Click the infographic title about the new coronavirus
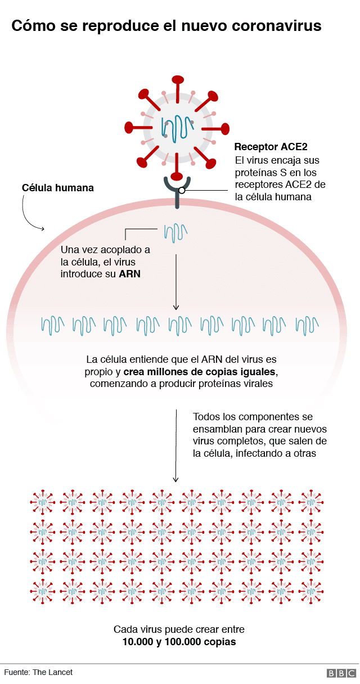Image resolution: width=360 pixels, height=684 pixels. click(x=166, y=26)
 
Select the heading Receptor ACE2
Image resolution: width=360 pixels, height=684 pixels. click(x=271, y=147)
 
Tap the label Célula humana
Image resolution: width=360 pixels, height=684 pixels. click(x=57, y=188)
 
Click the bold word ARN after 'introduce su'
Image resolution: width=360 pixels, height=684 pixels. click(x=129, y=274)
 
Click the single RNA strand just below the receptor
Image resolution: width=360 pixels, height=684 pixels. click(x=175, y=232)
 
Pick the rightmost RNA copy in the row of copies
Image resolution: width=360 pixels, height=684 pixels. click(x=308, y=325)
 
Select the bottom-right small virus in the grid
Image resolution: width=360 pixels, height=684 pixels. click(x=310, y=590)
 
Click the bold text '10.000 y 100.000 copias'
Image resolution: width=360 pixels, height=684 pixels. click(x=179, y=642)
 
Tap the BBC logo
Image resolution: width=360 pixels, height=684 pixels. click(x=341, y=673)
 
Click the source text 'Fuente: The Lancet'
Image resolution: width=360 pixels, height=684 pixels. click(x=38, y=672)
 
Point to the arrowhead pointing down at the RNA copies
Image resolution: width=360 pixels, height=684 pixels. click(x=175, y=307)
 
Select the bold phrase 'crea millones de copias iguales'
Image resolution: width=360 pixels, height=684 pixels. click(x=200, y=372)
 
